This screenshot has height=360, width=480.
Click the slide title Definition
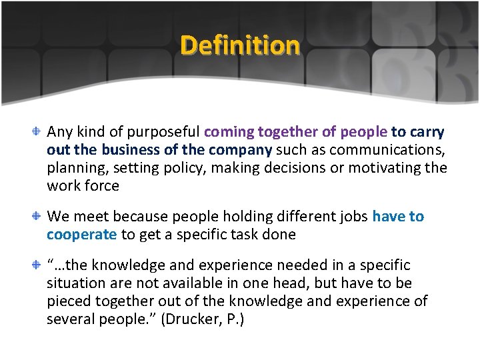click(x=240, y=45)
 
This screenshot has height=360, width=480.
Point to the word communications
click(x=390, y=150)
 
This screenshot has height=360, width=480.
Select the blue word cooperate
click(x=82, y=235)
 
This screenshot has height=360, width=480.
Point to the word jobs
click(x=348, y=217)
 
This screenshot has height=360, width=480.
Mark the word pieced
click(x=69, y=301)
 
